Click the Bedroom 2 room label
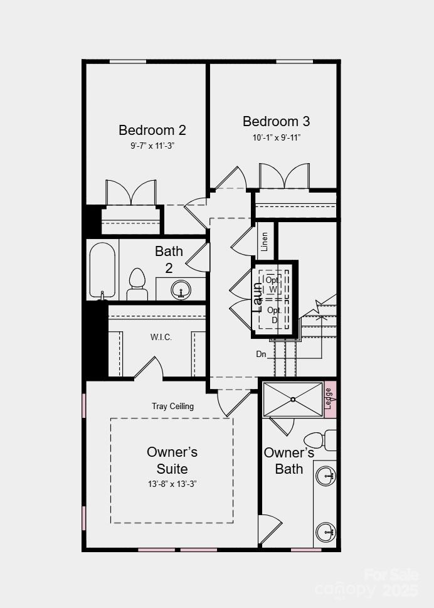tap(152, 131)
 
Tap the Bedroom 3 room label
tap(276, 122)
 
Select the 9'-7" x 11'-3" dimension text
tap(152, 146)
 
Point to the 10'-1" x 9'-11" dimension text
tap(276, 137)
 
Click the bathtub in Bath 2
tap(102, 270)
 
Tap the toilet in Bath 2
tap(137, 285)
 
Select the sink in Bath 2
tap(181, 290)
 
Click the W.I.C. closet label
tap(161, 338)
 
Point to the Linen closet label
tap(265, 240)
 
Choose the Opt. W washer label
tap(273, 284)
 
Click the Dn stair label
tap(262, 354)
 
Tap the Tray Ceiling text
tap(172, 406)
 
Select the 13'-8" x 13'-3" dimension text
tap(172, 484)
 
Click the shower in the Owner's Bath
tap(292, 399)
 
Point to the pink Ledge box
tap(330, 398)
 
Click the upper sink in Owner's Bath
tap(326, 476)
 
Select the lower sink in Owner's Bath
tap(326, 532)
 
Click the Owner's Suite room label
tap(172, 460)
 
